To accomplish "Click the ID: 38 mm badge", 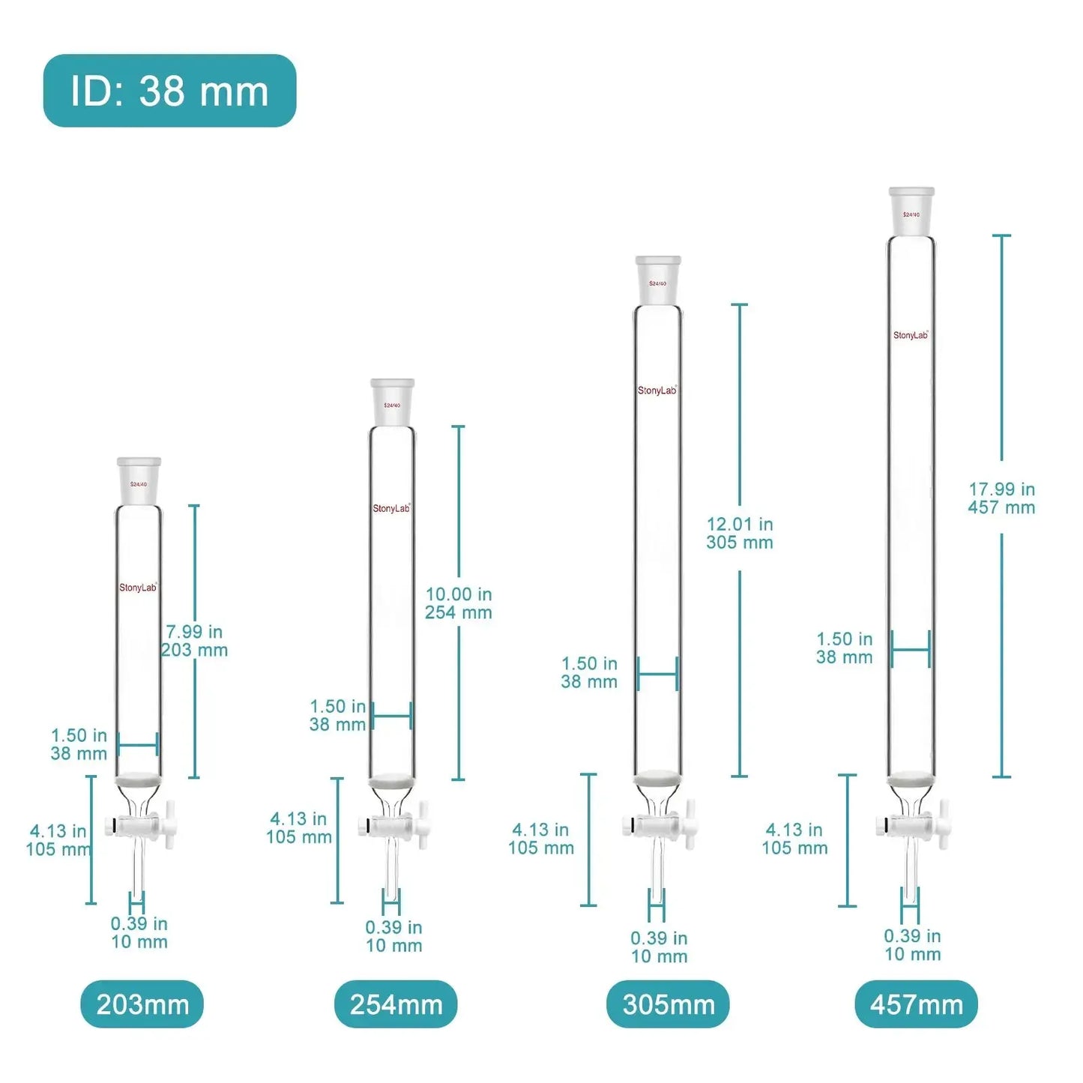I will tap(169, 91).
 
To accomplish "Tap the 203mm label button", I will tap(142, 1004).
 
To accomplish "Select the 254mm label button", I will tap(396, 1004).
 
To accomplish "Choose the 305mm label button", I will tap(668, 1004).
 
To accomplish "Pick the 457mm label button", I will tap(916, 1004).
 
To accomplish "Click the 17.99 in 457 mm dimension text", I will tap(1001, 498).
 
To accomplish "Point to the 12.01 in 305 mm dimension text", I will tap(740, 533).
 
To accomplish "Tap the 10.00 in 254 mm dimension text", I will tap(459, 603).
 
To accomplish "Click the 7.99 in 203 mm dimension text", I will tap(195, 641).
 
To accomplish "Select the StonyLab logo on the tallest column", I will tap(911, 335).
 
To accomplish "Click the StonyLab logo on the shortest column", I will tap(138, 588).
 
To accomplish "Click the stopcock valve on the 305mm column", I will tap(658, 825).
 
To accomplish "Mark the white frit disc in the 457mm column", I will tap(911, 780).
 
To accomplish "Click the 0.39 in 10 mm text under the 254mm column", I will tap(393, 936).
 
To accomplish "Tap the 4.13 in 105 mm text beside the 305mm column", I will tap(540, 839).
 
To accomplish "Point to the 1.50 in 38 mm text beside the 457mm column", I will tap(845, 648).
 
